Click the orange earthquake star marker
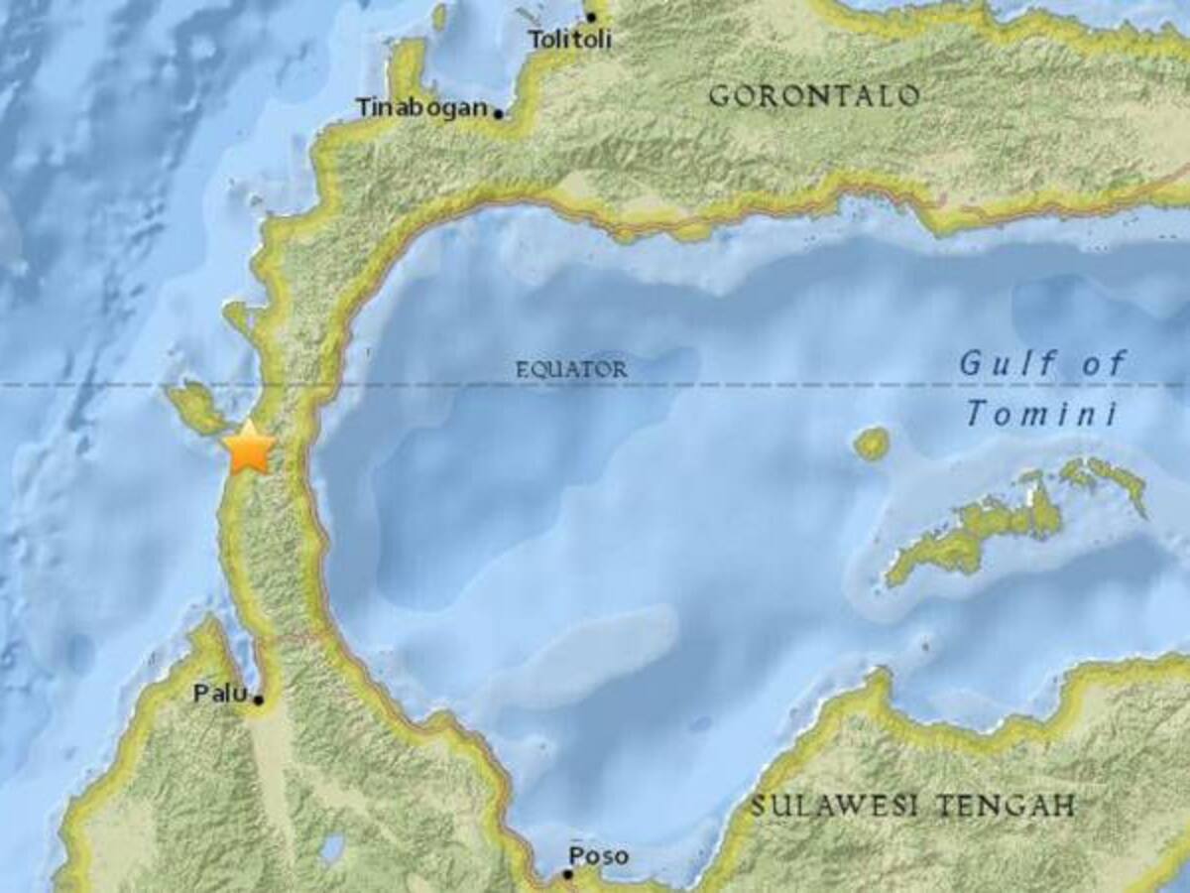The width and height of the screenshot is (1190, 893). [249, 448]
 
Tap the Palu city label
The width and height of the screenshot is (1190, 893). [218, 694]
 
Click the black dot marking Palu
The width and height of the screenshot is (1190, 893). [258, 701]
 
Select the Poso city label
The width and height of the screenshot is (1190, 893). [598, 855]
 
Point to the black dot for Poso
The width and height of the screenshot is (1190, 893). [567, 874]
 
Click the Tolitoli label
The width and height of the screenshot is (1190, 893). [569, 41]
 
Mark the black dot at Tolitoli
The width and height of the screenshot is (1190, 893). [591, 17]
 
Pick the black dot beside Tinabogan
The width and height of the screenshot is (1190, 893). [498, 113]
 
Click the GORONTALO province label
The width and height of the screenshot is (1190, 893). [814, 96]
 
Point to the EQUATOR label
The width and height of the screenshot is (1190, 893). [571, 370]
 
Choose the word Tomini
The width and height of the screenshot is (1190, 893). [1041, 413]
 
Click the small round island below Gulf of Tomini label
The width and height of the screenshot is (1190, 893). [872, 444]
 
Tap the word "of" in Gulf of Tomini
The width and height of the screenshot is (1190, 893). [1104, 364]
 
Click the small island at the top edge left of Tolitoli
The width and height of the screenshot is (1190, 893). [439, 16]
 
